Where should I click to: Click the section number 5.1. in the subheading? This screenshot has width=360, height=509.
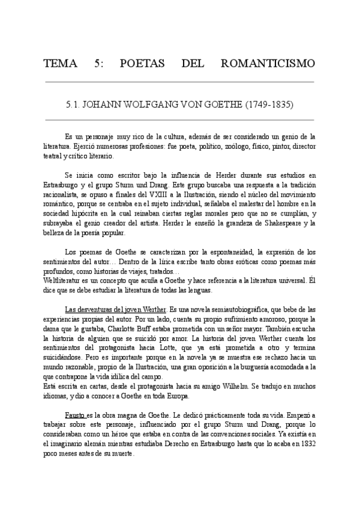74,104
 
